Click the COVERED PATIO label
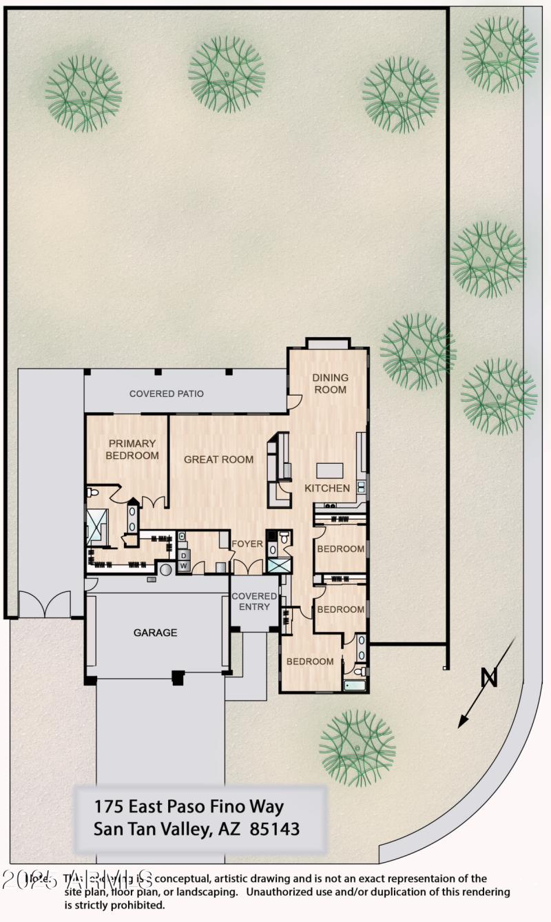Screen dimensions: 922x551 [166, 394]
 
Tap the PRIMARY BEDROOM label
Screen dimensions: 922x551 [132, 449]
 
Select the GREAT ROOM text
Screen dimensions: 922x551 [218, 460]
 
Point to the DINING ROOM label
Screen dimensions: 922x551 [330, 383]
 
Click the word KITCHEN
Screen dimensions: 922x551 [327, 488]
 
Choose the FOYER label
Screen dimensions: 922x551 [247, 544]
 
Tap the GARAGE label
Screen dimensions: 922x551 [155, 632]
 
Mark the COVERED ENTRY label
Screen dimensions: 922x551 [254, 602]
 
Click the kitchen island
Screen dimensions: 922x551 [329, 470]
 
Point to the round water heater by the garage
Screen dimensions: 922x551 [166, 570]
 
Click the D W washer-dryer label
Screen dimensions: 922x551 [184, 560]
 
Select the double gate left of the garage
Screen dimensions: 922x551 [43, 604]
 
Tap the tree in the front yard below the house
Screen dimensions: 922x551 [357, 748]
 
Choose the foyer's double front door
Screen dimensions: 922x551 [248, 566]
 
